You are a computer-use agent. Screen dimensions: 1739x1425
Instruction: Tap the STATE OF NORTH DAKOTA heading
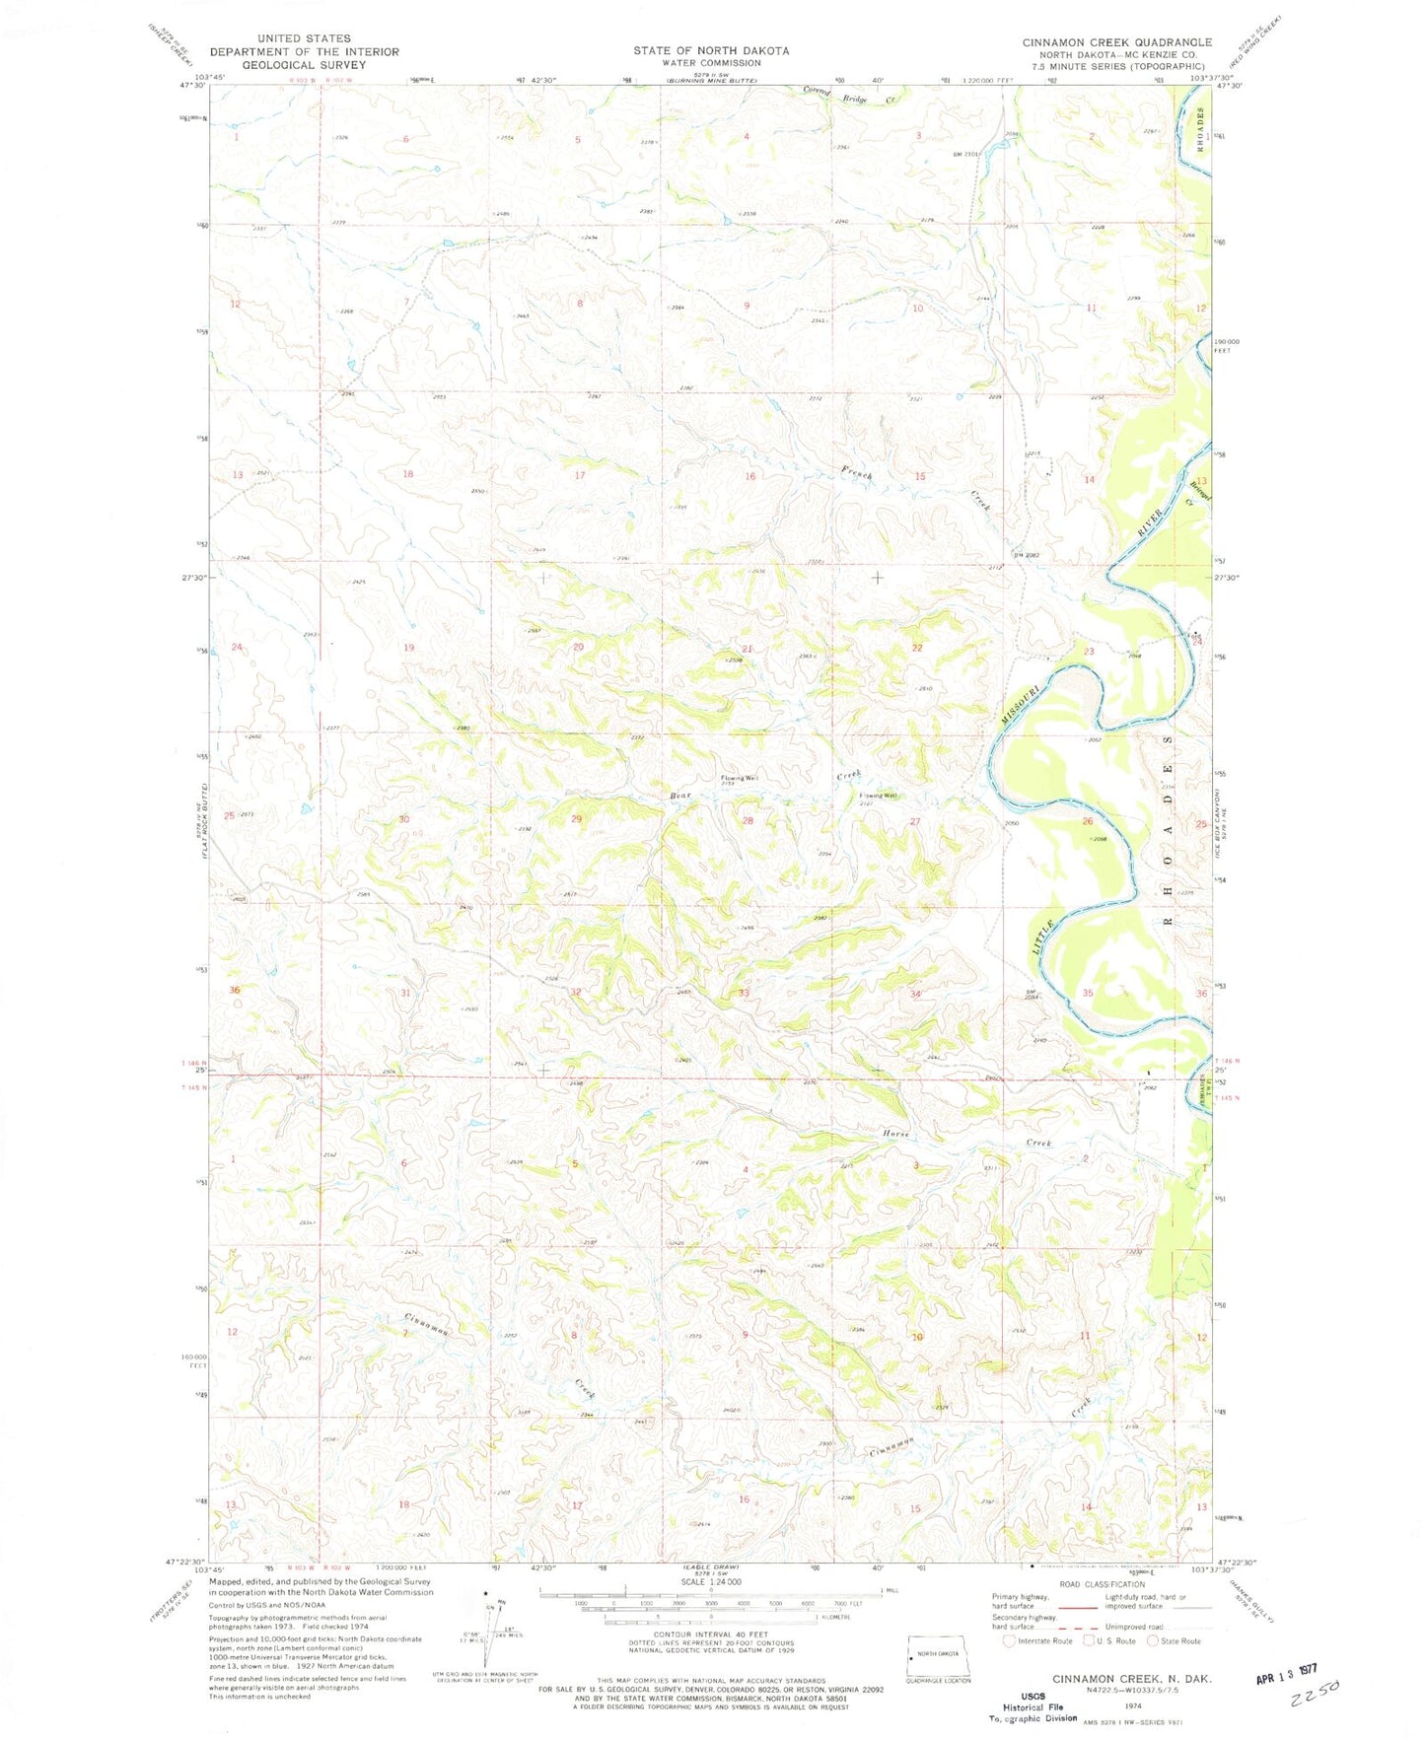click(711, 50)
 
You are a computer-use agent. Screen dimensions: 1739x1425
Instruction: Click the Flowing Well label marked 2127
click(878, 796)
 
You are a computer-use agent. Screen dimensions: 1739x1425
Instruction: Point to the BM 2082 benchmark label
click(1026, 555)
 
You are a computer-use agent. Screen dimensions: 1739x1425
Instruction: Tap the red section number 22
click(917, 648)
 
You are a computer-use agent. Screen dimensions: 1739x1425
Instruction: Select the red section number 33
click(744, 993)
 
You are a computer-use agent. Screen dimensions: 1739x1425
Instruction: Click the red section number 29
click(577, 819)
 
